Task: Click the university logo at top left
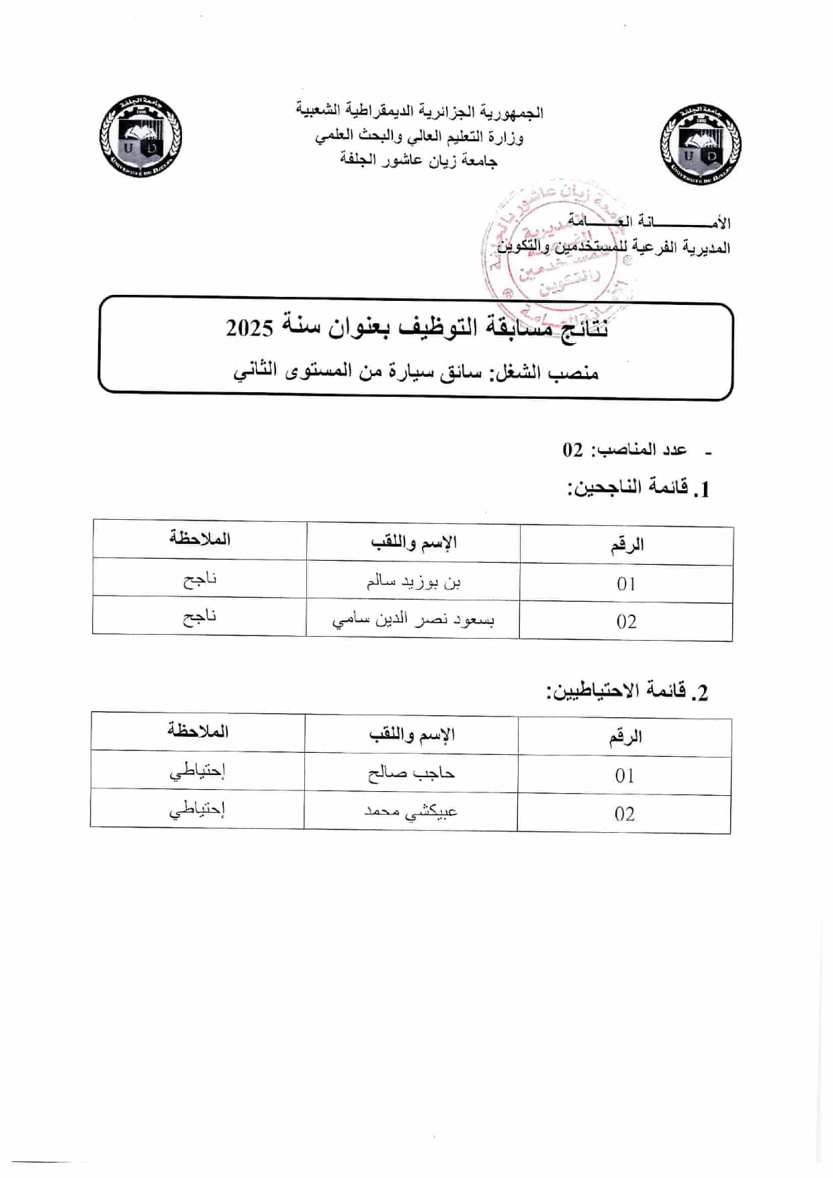pyautogui.click(x=140, y=138)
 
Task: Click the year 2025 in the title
pyautogui.click(x=250, y=328)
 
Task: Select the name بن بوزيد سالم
pyautogui.click(x=413, y=582)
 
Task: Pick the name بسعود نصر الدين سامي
pyautogui.click(x=413, y=620)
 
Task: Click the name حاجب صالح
pyautogui.click(x=411, y=774)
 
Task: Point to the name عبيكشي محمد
pyautogui.click(x=410, y=811)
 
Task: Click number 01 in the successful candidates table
pyautogui.click(x=626, y=584)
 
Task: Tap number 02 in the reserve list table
pyautogui.click(x=624, y=814)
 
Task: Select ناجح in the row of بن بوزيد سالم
pyautogui.click(x=200, y=580)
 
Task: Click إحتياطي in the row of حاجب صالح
pyautogui.click(x=197, y=772)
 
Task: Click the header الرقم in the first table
pyautogui.click(x=627, y=545)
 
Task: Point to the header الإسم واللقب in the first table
pyautogui.click(x=413, y=542)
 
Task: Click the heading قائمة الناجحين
pyautogui.click(x=638, y=488)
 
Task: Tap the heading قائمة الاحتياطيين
pyautogui.click(x=627, y=691)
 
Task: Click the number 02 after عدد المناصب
pyautogui.click(x=573, y=450)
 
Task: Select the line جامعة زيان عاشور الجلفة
pyautogui.click(x=419, y=160)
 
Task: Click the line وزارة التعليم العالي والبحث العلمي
pyautogui.click(x=419, y=136)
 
